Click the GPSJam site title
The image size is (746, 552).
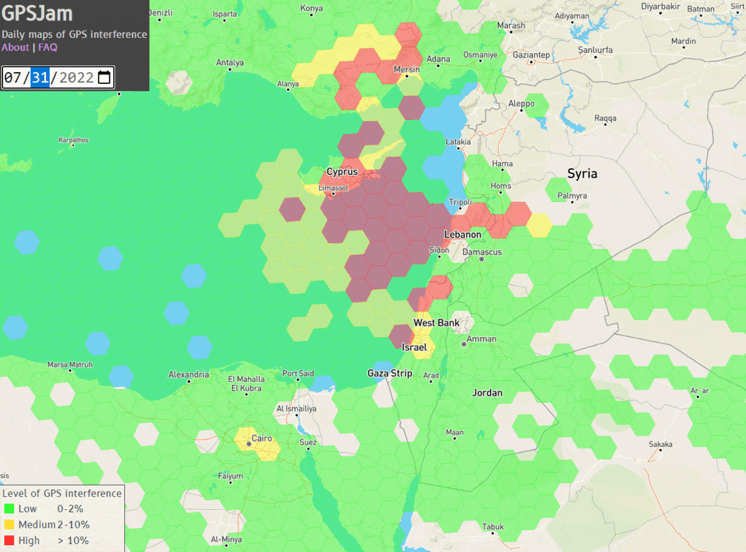(37, 14)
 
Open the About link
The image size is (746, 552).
(15, 47)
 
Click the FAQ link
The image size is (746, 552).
(48, 47)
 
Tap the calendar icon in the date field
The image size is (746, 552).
(104, 78)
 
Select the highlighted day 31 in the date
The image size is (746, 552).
(40, 78)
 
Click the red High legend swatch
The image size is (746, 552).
(9, 540)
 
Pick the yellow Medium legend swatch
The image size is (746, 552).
(9, 525)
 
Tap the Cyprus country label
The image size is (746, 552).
(342, 171)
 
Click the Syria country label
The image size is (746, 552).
(582, 173)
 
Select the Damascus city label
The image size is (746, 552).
(482, 252)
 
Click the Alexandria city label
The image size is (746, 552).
(188, 374)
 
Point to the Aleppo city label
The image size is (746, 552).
(521, 104)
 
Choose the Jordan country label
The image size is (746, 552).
(487, 392)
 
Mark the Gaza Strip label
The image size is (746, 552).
(390, 373)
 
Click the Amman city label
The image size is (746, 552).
(481, 339)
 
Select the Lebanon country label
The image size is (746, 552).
(463, 234)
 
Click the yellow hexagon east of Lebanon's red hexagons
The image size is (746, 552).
(538, 225)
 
